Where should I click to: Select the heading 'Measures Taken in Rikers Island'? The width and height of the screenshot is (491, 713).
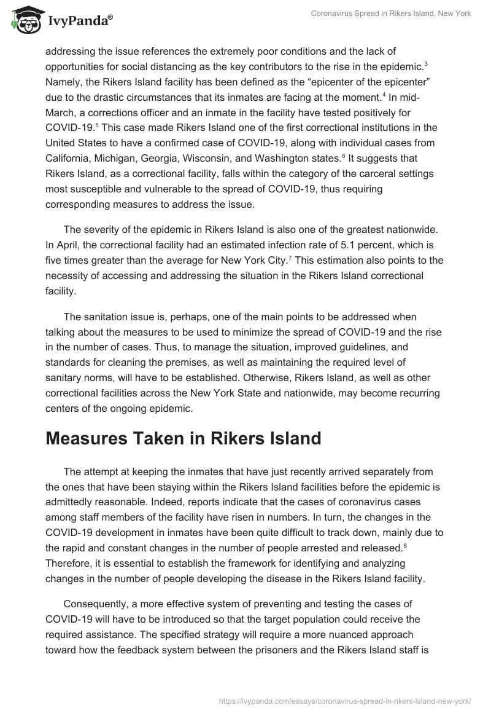183,439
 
